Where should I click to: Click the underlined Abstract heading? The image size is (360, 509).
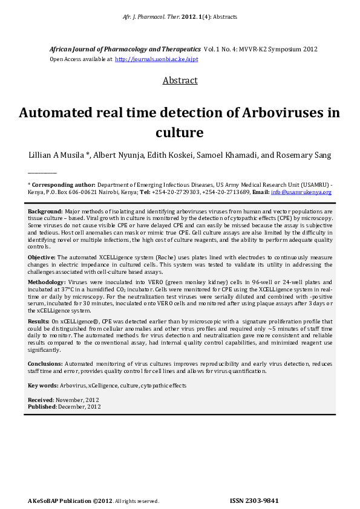180,80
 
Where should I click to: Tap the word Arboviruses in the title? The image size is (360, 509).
283,112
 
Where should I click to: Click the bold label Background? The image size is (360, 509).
45,211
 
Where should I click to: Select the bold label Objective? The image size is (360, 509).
42,258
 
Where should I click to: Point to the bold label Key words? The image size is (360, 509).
43,385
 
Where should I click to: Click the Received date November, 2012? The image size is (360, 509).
78,400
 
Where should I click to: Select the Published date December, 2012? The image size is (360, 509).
79,407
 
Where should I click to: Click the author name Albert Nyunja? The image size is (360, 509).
118,155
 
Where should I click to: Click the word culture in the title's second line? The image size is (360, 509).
180,132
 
